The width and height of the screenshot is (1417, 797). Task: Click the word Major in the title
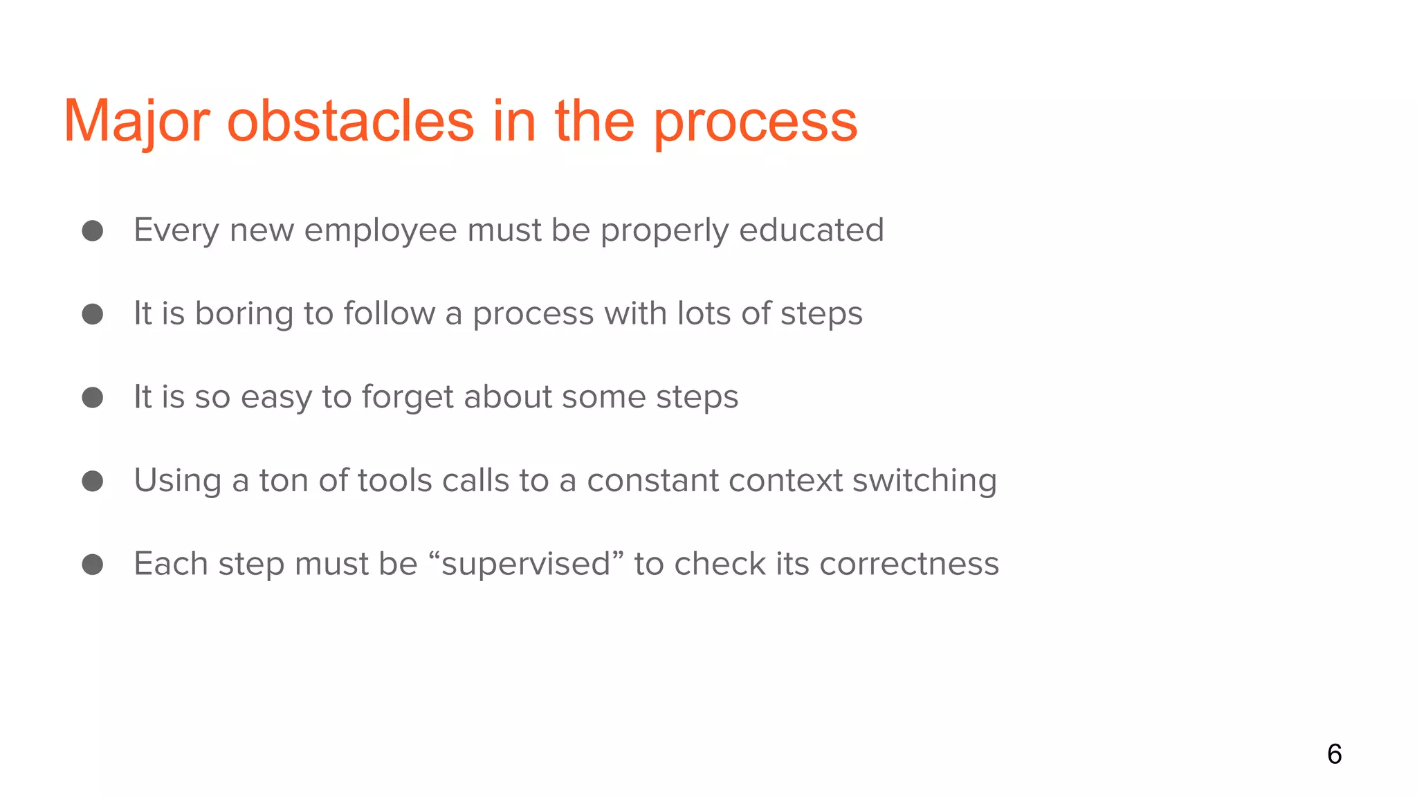(136, 122)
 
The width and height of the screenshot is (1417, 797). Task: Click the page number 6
(1334, 754)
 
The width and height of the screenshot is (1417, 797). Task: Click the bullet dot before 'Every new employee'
(93, 230)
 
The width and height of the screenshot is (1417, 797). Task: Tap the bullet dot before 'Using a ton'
(93, 481)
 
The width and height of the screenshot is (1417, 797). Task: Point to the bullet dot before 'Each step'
(93, 564)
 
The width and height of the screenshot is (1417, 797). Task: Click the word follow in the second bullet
(389, 313)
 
